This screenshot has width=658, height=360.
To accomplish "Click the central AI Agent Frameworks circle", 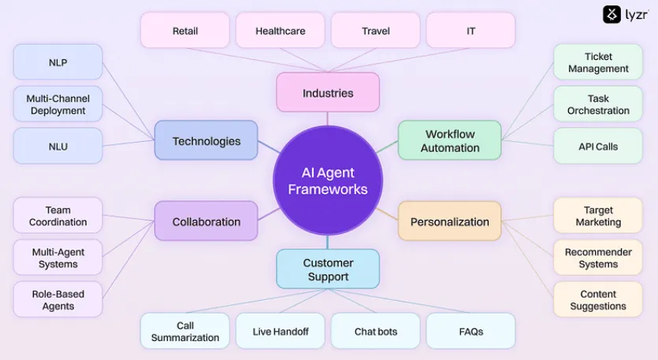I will pyautogui.click(x=328, y=180).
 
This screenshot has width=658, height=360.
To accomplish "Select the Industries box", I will pyautogui.click(x=328, y=93).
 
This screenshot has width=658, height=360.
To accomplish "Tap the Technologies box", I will pyautogui.click(x=206, y=141).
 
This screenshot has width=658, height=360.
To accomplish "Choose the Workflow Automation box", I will pyautogui.click(x=449, y=141).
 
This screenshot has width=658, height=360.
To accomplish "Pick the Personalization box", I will pyautogui.click(x=449, y=221).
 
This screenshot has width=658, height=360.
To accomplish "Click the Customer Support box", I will pyautogui.click(x=328, y=269).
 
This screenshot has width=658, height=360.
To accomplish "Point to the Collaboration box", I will pyautogui.click(x=206, y=221).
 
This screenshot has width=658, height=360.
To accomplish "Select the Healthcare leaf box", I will pyautogui.click(x=280, y=31).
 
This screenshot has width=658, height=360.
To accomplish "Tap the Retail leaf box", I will pyautogui.click(x=185, y=31).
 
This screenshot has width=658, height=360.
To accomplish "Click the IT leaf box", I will pyautogui.click(x=470, y=31).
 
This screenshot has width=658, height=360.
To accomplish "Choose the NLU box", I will pyautogui.click(x=58, y=147).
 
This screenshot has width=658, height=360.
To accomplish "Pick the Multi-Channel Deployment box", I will pyautogui.click(x=58, y=105).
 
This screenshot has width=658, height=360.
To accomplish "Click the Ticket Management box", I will pyautogui.click(x=598, y=62).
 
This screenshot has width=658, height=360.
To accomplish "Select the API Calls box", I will pyautogui.click(x=598, y=147).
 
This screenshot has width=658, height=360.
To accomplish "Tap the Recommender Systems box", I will pyautogui.click(x=598, y=258).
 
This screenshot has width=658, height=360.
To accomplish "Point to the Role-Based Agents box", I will pyautogui.click(x=58, y=300).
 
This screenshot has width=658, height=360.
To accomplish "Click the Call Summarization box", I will pyautogui.click(x=185, y=332).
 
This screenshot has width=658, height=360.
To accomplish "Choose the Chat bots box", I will pyautogui.click(x=376, y=332).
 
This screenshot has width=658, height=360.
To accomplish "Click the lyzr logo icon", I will pyautogui.click(x=612, y=14).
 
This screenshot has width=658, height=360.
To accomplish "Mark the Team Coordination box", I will pyautogui.click(x=58, y=216).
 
